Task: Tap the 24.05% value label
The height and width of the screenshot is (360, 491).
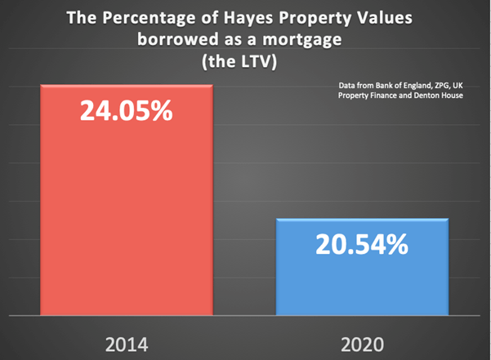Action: tap(126, 111)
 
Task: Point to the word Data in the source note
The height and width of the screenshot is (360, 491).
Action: tap(344, 84)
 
